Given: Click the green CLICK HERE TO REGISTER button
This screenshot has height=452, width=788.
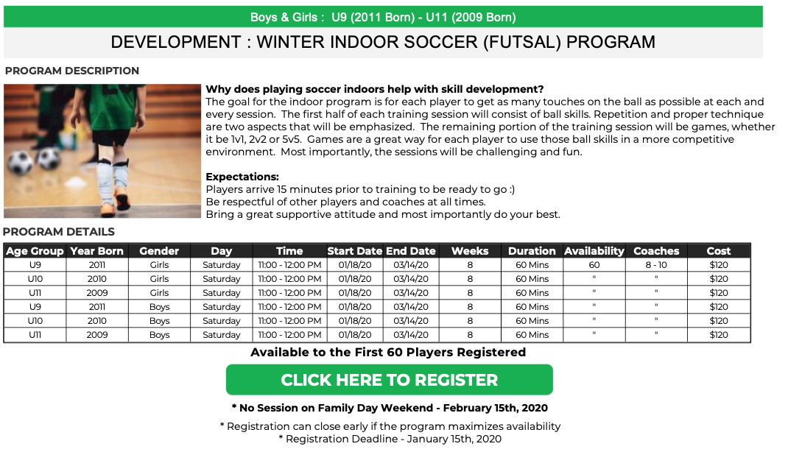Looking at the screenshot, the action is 390,380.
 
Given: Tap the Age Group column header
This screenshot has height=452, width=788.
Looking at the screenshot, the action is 35,251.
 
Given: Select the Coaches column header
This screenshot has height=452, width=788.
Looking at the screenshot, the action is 656,251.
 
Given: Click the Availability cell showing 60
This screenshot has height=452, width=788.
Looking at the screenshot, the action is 594,265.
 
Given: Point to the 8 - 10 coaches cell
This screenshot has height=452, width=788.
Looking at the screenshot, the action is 656,265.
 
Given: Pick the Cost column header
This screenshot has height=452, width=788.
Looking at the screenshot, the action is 718,251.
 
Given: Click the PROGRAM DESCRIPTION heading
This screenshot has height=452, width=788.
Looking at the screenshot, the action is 72,71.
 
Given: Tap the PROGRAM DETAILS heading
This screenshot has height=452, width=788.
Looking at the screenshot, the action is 59,232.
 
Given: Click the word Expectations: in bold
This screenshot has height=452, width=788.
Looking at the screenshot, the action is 242,177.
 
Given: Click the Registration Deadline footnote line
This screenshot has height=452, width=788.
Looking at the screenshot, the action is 390,439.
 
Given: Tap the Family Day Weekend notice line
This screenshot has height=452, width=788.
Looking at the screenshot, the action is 390,408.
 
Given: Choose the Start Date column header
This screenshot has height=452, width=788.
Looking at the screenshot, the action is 355,251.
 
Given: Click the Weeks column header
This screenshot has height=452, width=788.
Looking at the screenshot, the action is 470,251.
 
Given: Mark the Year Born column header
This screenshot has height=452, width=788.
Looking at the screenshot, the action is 96,251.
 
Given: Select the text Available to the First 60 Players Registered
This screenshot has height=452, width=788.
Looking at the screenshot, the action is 388,352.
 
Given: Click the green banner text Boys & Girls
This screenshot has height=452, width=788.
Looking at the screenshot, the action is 284,17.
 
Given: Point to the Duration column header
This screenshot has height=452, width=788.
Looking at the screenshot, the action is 532,251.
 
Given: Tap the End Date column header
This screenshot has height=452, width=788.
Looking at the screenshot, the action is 411,251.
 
